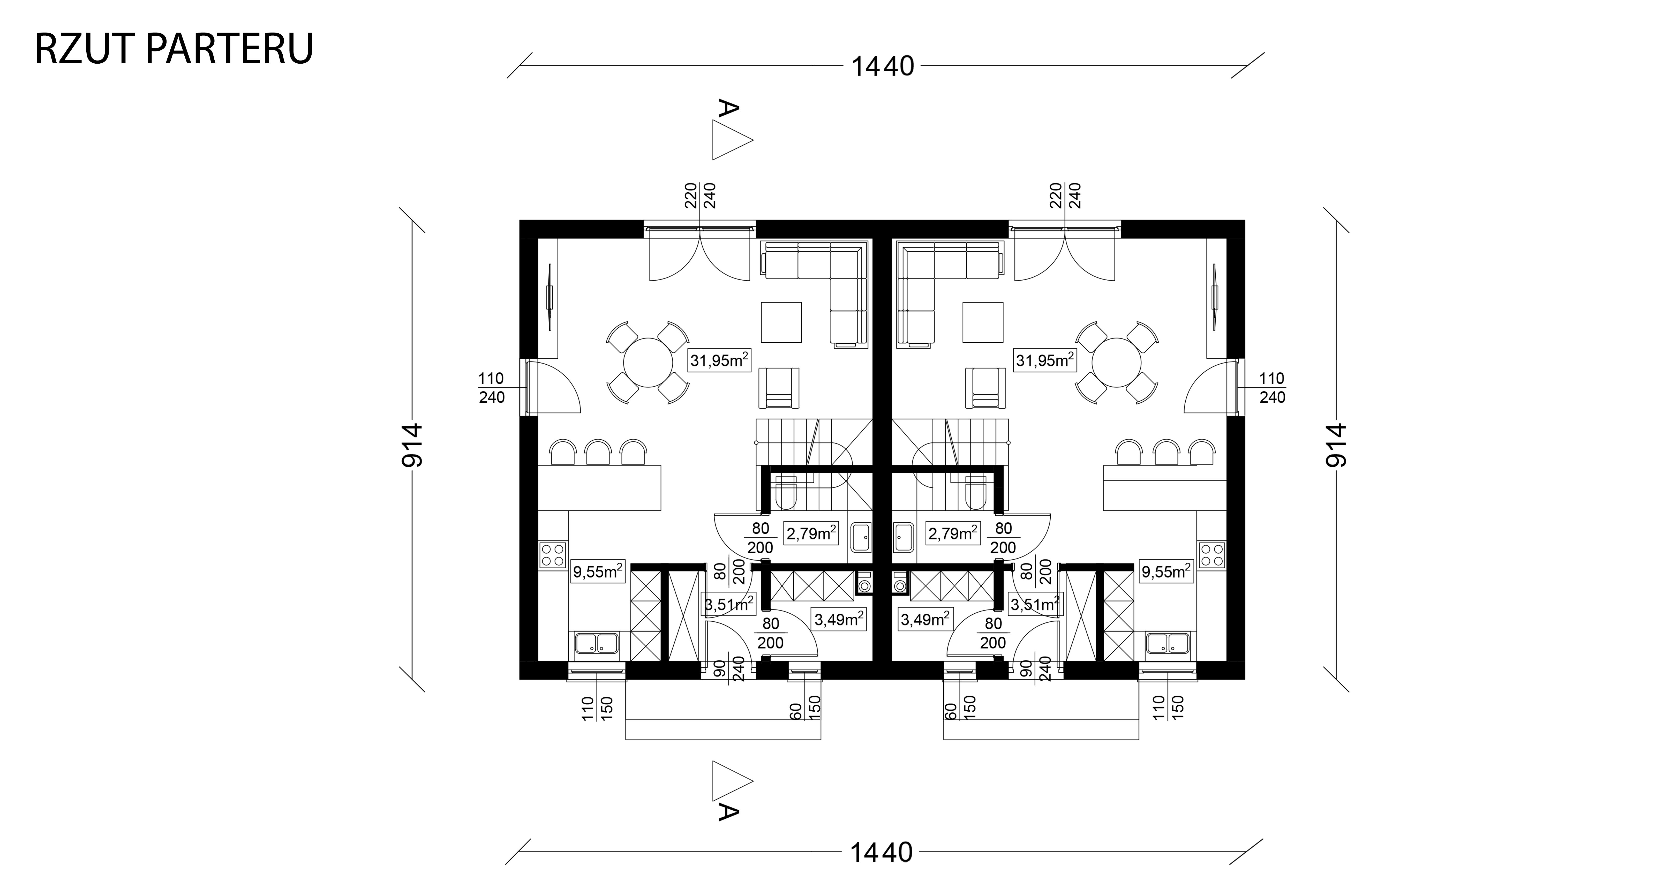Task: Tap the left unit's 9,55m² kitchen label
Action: pyautogui.click(x=144, y=571)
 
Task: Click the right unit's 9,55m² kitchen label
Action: pyautogui.click(x=1166, y=571)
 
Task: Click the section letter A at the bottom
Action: pyautogui.click(x=728, y=812)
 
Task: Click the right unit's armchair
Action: pyautogui.click(x=985, y=388)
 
